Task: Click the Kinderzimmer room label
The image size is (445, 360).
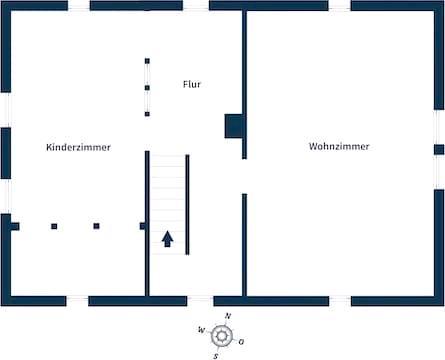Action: pos(78,147)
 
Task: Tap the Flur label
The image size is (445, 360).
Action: pos(192,84)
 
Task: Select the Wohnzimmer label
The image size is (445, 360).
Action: pos(339,146)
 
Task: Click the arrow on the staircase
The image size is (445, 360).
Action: pos(167,239)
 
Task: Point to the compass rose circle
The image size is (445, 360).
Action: pos(222,336)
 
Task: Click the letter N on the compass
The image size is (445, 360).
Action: pos(228,316)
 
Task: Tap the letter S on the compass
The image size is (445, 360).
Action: pos(216,356)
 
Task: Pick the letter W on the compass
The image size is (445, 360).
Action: pos(201,330)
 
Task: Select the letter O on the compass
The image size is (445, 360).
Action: pos(241,342)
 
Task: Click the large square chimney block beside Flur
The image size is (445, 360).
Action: pos(234,126)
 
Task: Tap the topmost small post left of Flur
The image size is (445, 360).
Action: pos(147,61)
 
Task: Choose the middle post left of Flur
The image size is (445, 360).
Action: pos(147,88)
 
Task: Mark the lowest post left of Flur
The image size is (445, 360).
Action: pos(147,114)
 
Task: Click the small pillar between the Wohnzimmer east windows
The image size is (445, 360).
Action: pos(439,150)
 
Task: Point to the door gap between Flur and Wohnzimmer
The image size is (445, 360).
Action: pos(244,176)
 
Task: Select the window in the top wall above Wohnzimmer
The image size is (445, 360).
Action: pos(340,6)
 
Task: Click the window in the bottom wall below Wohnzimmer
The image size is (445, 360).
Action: pos(340,301)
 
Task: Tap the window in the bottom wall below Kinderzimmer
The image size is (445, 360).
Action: pos(77,301)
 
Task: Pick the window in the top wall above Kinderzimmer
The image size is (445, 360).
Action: pos(79,6)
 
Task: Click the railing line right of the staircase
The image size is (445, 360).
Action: pos(187,205)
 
